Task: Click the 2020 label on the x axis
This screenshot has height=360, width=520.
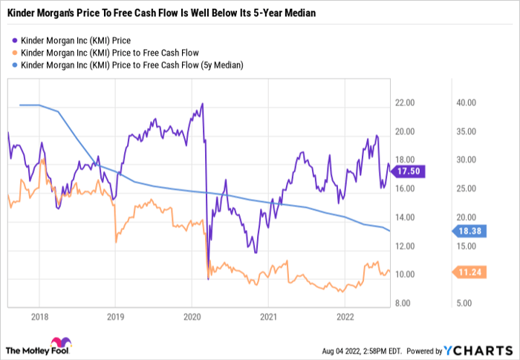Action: click(x=191, y=316)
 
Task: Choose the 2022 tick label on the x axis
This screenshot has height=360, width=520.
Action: click(x=344, y=316)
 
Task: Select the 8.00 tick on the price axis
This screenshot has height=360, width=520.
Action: click(x=406, y=303)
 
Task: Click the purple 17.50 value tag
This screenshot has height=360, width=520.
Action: click(x=407, y=171)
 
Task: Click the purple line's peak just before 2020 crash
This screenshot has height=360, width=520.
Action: click(x=202, y=104)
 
